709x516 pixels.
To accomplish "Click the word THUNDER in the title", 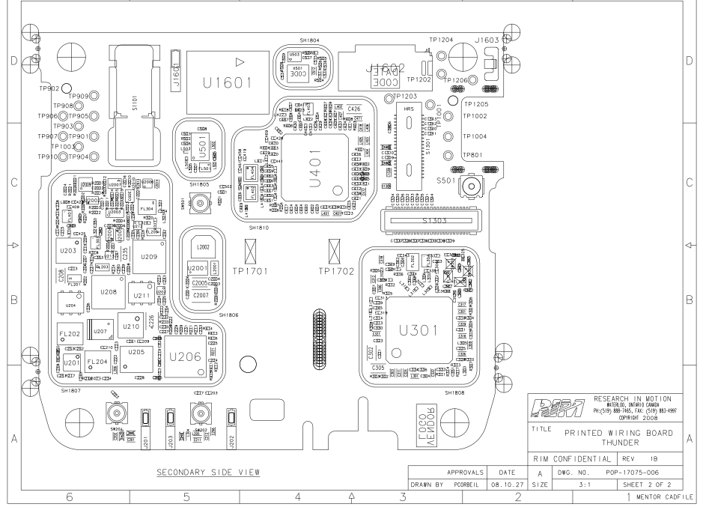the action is pos(616,443).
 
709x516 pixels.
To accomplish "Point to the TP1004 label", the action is pos(475,136).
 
